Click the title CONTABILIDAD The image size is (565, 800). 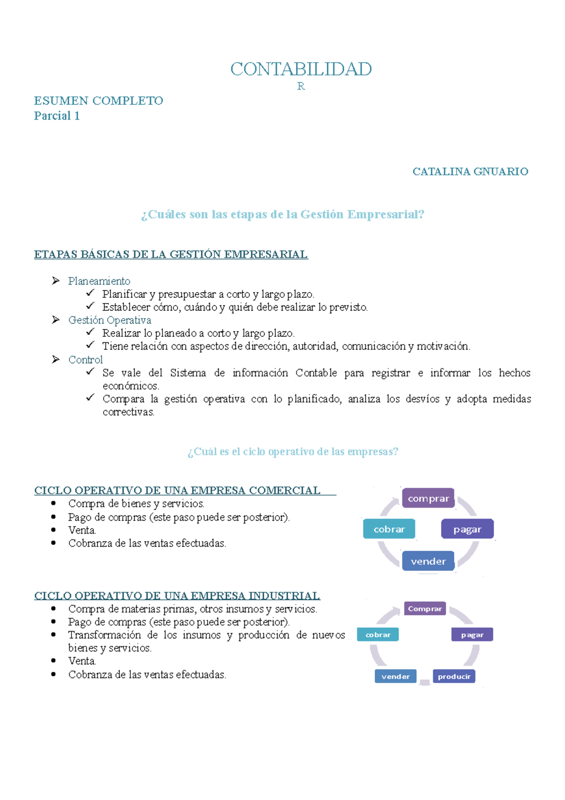click(301, 69)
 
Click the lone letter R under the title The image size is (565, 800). click(301, 86)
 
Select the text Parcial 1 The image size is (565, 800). click(56, 116)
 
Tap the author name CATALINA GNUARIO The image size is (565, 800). click(470, 171)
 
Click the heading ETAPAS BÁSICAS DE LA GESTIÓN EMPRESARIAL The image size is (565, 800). click(171, 254)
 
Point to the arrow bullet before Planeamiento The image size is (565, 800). click(56, 281)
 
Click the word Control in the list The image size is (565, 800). click(85, 360)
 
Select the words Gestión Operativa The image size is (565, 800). click(109, 320)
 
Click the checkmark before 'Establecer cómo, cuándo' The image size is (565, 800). click(90, 306)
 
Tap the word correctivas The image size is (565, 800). click(128, 412)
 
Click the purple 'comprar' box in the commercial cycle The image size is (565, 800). click(428, 498)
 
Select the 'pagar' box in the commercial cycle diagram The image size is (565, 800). click(467, 529)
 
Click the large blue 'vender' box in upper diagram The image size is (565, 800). click(428, 561)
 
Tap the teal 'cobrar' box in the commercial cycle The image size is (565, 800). click(389, 529)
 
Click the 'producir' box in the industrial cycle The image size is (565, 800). click(454, 677)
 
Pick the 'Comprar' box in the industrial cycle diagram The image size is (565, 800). click(425, 609)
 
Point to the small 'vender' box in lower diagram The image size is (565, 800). click(395, 677)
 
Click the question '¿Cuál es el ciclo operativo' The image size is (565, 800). click(293, 452)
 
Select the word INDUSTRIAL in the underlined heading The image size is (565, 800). click(284, 596)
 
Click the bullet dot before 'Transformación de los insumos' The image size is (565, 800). click(54, 635)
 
